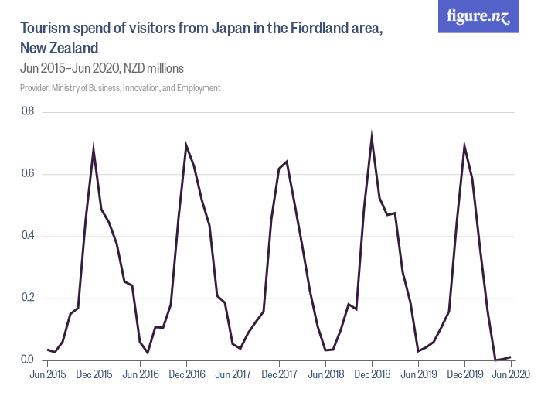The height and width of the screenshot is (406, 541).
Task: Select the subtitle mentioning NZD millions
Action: tap(102, 68)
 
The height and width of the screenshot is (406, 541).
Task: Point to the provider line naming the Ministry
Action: tap(121, 88)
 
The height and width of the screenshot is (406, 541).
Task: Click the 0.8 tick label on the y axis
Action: tap(28, 112)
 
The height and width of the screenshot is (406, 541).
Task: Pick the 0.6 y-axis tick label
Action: tap(28, 174)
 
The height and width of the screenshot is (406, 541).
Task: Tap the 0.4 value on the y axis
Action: tap(28, 236)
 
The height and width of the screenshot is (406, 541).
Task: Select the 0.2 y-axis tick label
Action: tap(28, 298)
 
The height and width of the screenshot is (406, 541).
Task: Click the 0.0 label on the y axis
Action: tap(28, 360)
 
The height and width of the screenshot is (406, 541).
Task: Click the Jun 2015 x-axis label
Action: tap(47, 374)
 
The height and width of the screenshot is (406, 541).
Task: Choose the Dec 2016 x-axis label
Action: tap(186, 374)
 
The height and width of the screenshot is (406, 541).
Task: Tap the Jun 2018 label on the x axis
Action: tap(325, 374)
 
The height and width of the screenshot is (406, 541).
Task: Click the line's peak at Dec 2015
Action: tap(94, 148)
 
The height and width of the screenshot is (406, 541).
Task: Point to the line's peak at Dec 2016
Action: tap(186, 145)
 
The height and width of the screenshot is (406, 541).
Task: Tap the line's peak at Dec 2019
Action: tap(464, 145)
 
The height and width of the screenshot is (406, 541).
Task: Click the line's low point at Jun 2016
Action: tap(148, 353)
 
